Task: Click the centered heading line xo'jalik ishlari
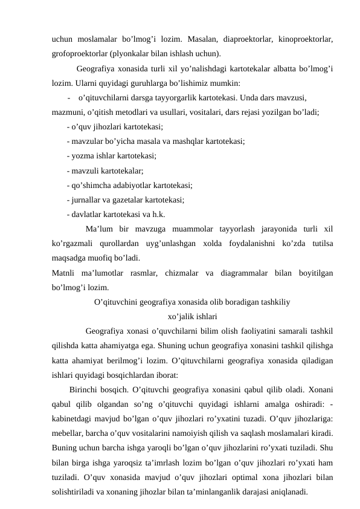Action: pyautogui.click(x=193, y=315)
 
